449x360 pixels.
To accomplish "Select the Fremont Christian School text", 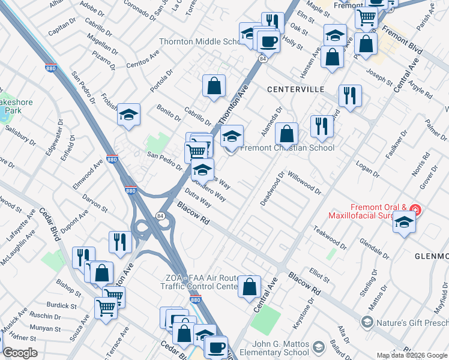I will pyautogui.click(x=287, y=148).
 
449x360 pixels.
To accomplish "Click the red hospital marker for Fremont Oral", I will pyautogui.click(x=415, y=209).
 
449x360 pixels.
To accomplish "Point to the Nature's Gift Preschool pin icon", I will pyautogui.click(x=365, y=323).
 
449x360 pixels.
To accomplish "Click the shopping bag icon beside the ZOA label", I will pyautogui.click(x=249, y=287).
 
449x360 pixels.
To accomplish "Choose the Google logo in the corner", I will pyautogui.click(x=20, y=353).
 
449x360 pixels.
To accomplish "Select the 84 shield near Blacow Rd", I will pyautogui.click(x=160, y=215).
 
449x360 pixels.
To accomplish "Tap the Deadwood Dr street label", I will pyautogui.click(x=271, y=190).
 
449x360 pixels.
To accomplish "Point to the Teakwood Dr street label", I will pyautogui.click(x=330, y=237).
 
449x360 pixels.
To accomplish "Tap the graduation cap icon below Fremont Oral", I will pyautogui.click(x=405, y=223).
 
